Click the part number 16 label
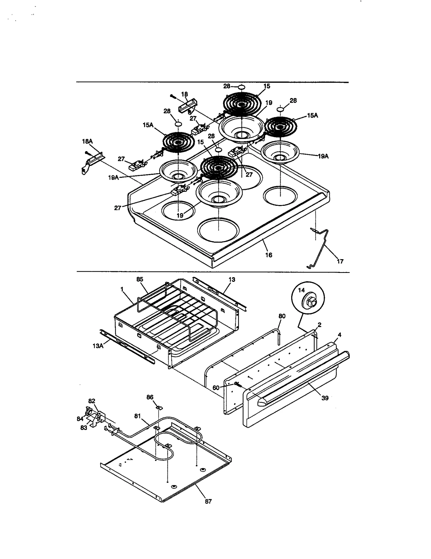coord(269,255)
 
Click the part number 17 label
coord(340,261)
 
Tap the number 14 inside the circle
coord(301,290)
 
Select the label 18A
coord(87,141)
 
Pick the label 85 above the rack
coord(140,279)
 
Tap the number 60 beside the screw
coord(216,387)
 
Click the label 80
coord(282,316)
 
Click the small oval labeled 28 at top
coord(241,87)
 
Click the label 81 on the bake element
coord(138,416)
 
